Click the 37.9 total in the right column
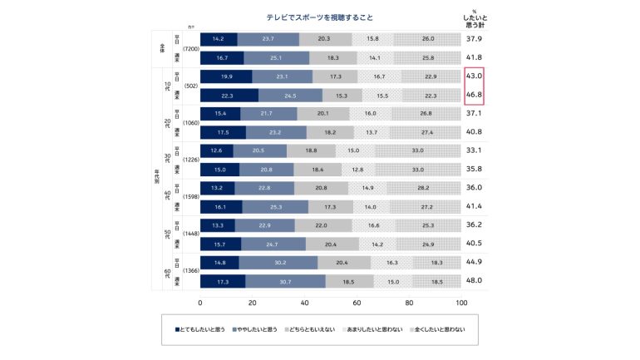[x=474, y=39]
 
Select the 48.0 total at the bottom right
[x=474, y=281]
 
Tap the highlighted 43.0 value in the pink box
[x=474, y=76]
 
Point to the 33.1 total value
[x=474, y=150]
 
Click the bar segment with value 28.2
[x=421, y=188]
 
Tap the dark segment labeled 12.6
[x=217, y=150]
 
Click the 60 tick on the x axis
[x=357, y=303]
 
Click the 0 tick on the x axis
[x=201, y=303]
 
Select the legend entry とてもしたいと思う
[x=203, y=330]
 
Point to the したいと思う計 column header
[x=474, y=19]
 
